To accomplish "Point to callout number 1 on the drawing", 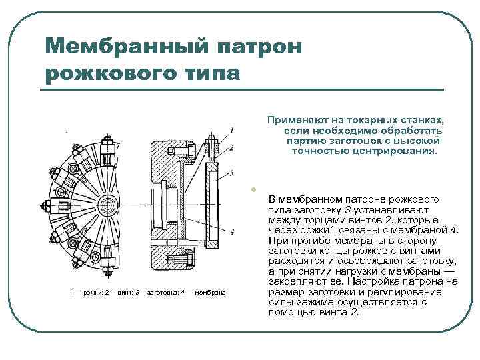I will coord(231,129).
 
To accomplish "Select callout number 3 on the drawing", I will coord(231,173).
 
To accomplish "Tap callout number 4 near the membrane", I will coord(231,232).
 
